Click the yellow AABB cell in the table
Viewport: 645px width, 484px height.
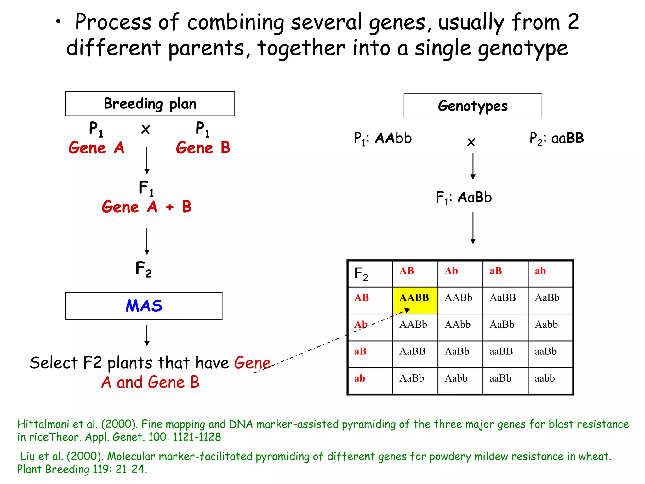pyautogui.click(x=415, y=300)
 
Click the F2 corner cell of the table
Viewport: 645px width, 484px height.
pyautogui.click(x=370, y=274)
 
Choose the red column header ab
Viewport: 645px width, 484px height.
pyautogui.click(x=540, y=271)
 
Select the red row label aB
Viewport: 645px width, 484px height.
pyautogui.click(x=360, y=351)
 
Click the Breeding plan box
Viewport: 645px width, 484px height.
pyautogui.click(x=150, y=104)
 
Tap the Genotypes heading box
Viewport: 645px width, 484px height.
pyautogui.click(x=473, y=106)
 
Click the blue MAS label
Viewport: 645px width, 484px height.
pyautogui.click(x=144, y=306)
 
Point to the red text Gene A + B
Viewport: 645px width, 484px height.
pyautogui.click(x=146, y=207)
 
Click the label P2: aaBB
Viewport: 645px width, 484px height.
pyautogui.click(x=557, y=138)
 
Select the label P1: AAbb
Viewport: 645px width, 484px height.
pyautogui.click(x=383, y=138)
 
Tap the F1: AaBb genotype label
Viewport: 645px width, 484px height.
pyautogui.click(x=464, y=198)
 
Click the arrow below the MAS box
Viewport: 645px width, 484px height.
pyautogui.click(x=147, y=336)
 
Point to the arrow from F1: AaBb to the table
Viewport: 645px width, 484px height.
pyautogui.click(x=473, y=228)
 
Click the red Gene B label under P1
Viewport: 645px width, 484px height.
pyautogui.click(x=203, y=148)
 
